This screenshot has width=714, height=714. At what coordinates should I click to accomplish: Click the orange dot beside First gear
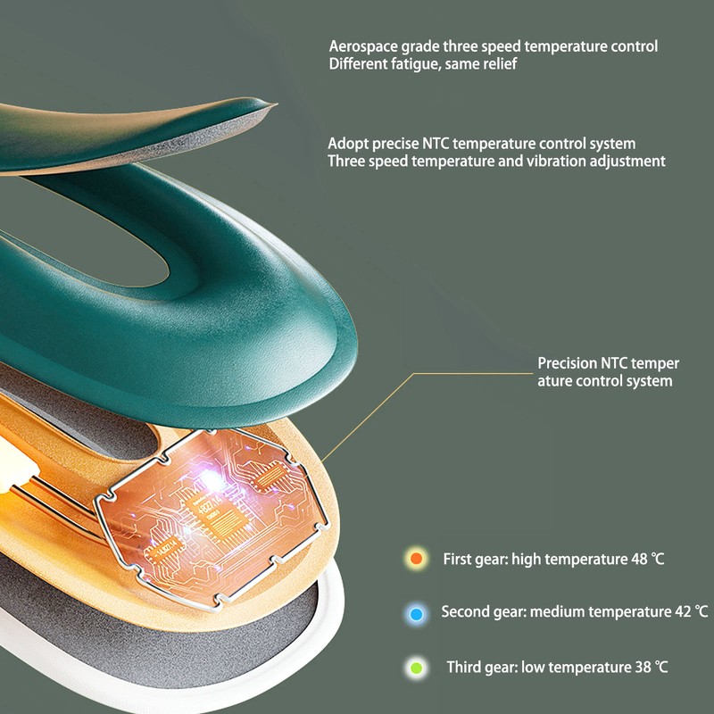tap(415, 560)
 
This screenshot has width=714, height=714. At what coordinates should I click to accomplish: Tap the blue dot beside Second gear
tap(415, 614)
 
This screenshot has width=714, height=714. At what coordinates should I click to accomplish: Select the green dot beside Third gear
tap(415, 667)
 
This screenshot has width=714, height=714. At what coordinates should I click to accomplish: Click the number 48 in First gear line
tap(638, 560)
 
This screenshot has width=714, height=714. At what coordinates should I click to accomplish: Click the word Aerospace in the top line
tap(361, 46)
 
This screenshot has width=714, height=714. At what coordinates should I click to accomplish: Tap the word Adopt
tap(345, 143)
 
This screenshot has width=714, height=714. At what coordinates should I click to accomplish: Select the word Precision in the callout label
tap(568, 364)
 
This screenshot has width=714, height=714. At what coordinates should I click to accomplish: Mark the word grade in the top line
tap(416, 46)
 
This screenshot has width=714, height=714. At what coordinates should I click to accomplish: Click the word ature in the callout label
tap(556, 381)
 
